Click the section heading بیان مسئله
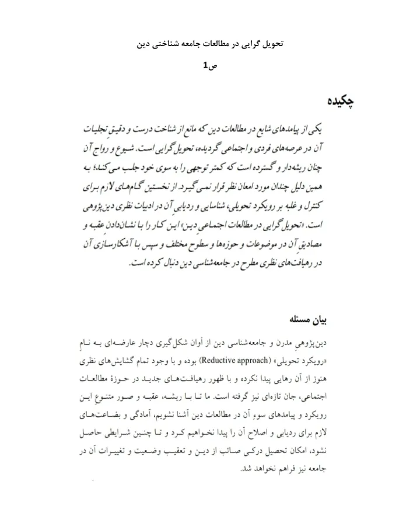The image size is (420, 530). click(321, 320)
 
